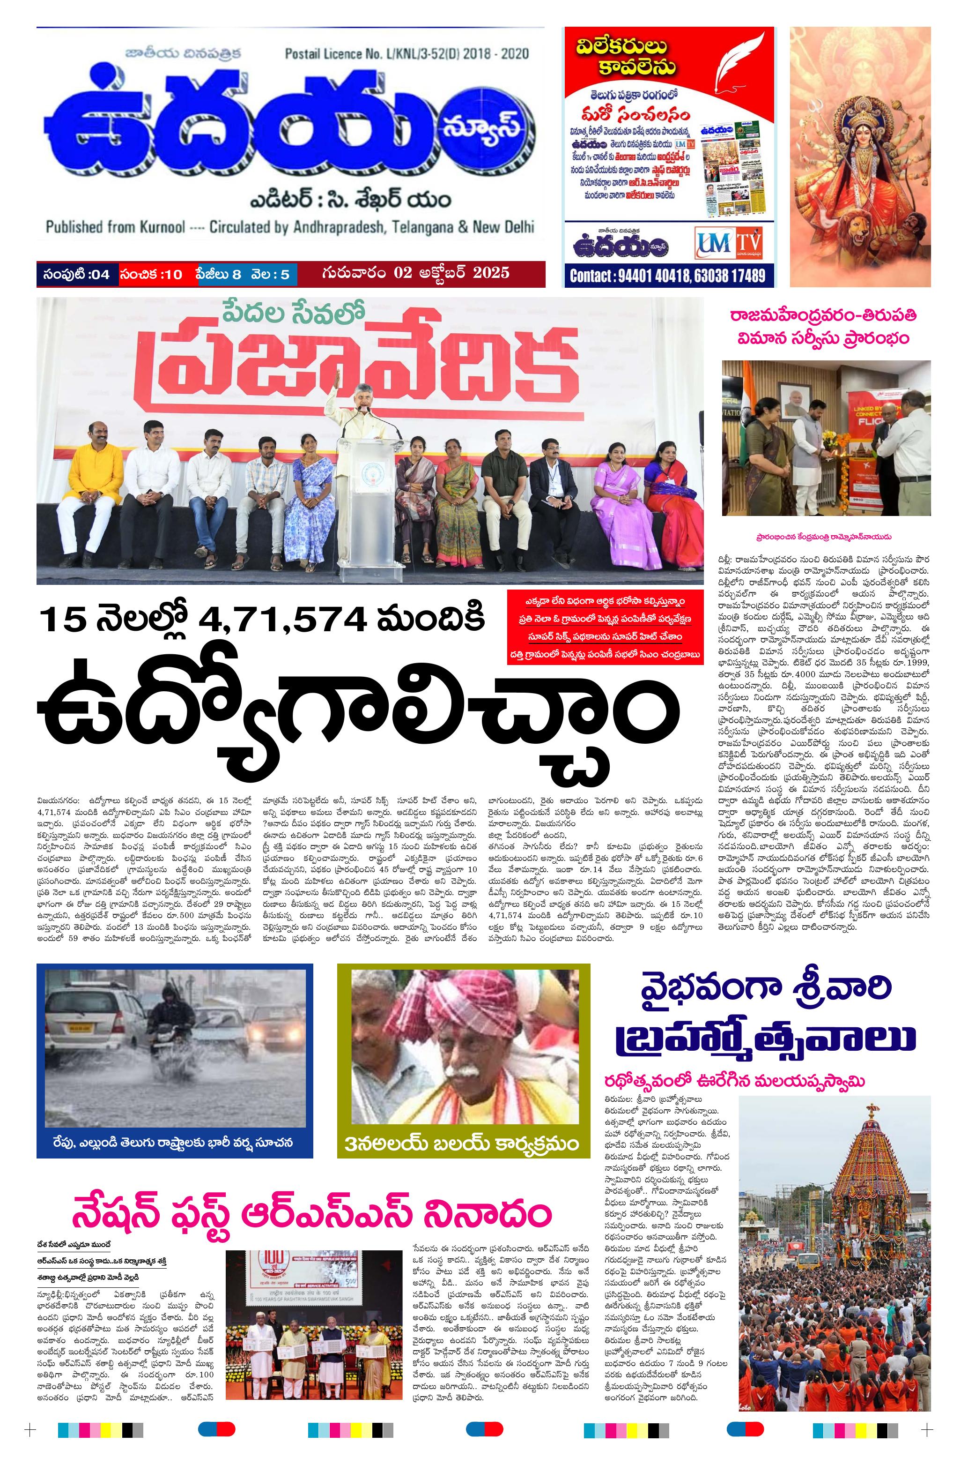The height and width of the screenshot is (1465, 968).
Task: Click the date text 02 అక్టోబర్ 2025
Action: click(x=415, y=272)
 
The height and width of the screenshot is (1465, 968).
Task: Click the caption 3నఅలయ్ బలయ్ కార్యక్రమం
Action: click(x=462, y=1144)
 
